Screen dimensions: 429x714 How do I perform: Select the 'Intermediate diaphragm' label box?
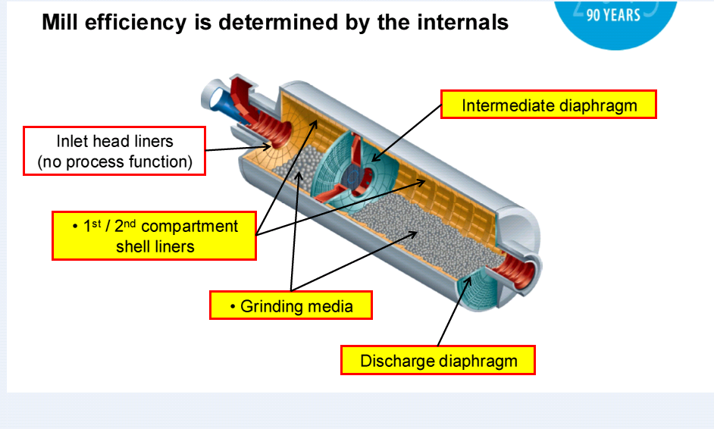(549, 105)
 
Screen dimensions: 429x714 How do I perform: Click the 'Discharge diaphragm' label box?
(438, 360)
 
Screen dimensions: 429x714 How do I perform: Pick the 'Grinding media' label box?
(292, 306)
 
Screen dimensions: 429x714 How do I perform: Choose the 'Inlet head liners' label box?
(114, 151)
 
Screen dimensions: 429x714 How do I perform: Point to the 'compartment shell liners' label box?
(154, 236)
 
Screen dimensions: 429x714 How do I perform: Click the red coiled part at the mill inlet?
(282, 134)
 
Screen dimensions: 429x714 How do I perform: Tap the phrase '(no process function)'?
(115, 161)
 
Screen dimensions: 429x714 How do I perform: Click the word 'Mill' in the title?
(60, 22)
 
